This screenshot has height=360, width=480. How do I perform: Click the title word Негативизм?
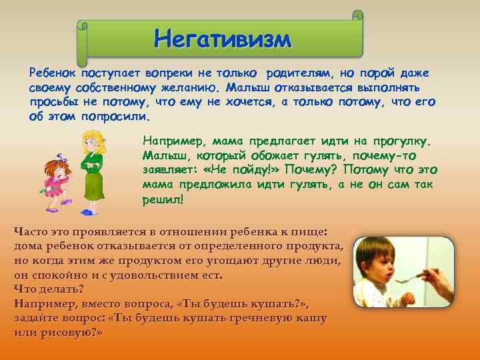click(223, 39)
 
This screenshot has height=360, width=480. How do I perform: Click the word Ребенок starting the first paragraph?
click(53, 73)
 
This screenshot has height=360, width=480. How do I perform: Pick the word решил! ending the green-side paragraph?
click(163, 199)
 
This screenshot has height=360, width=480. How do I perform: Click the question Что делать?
click(49, 289)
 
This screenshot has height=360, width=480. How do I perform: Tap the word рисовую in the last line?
click(68, 331)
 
